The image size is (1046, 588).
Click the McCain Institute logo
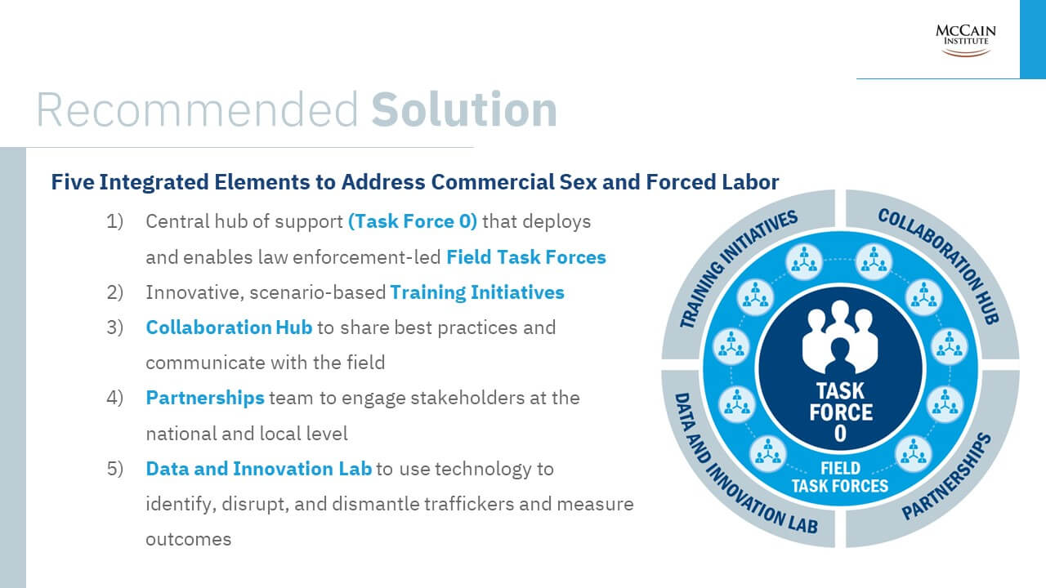click(965, 41)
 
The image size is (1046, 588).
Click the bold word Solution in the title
click(464, 109)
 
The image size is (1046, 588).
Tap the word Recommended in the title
click(197, 109)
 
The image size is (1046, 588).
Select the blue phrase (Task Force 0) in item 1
click(413, 221)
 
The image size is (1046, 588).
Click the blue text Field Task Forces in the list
click(526, 257)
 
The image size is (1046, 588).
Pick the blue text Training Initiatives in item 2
click(477, 292)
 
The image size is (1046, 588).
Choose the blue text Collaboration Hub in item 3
click(229, 327)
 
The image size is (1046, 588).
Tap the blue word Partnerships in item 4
click(205, 398)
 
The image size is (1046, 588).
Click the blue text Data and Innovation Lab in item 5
click(259, 469)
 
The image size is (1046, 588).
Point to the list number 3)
click(115, 327)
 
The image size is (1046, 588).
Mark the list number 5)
click(115, 469)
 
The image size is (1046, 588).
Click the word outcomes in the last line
click(189, 540)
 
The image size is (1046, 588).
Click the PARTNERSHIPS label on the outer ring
click(949, 476)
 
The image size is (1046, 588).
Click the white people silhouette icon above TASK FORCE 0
click(840, 337)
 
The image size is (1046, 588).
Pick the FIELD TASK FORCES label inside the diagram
click(839, 477)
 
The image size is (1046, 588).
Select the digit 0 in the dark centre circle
click(840, 434)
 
